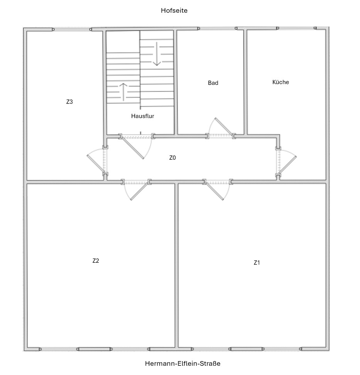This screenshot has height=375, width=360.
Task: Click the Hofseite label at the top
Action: [174, 10]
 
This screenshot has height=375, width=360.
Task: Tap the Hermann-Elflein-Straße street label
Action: [183, 363]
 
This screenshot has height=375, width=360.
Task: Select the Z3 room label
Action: [69, 101]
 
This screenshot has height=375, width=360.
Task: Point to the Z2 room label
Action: [96, 261]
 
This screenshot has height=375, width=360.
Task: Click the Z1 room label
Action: [257, 263]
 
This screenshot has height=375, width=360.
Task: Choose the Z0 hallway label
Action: [172, 158]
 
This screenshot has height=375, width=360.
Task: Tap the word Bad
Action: [213, 83]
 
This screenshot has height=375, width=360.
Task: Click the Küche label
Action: [281, 82]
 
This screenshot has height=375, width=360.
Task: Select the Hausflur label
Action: [142, 116]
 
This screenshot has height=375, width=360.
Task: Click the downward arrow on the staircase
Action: [157, 54]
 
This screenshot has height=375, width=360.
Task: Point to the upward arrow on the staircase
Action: [123, 92]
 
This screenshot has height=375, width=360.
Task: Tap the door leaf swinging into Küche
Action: [287, 165]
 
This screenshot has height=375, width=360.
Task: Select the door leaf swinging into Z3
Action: [96, 164]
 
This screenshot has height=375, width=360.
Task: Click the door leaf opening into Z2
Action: [139, 191]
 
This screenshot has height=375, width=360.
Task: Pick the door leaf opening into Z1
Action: [214, 191]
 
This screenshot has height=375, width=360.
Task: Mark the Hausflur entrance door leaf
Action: [132, 148]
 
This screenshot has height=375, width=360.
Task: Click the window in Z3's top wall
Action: [72, 29]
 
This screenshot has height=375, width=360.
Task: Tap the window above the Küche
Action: [297, 28]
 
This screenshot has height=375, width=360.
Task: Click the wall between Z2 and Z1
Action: [176, 265]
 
